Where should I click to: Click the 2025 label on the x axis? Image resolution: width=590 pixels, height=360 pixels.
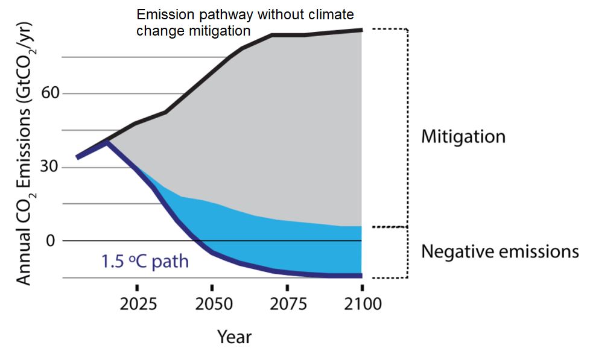[138, 303]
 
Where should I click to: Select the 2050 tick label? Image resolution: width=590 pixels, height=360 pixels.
[212, 303]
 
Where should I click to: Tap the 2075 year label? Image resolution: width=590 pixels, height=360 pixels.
[287, 303]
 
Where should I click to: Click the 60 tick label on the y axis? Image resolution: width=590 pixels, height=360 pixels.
[51, 94]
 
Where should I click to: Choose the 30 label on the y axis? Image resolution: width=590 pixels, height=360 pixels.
[51, 167]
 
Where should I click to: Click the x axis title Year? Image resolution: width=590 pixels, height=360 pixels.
[235, 336]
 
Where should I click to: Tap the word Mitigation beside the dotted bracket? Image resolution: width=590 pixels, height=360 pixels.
[463, 136]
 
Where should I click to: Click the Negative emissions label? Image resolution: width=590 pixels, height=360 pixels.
[500, 251]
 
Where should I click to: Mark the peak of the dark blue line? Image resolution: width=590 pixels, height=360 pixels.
[107, 142]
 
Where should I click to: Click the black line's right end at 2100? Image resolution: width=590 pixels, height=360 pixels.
[361, 30]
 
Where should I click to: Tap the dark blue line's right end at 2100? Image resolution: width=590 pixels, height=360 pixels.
[361, 276]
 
